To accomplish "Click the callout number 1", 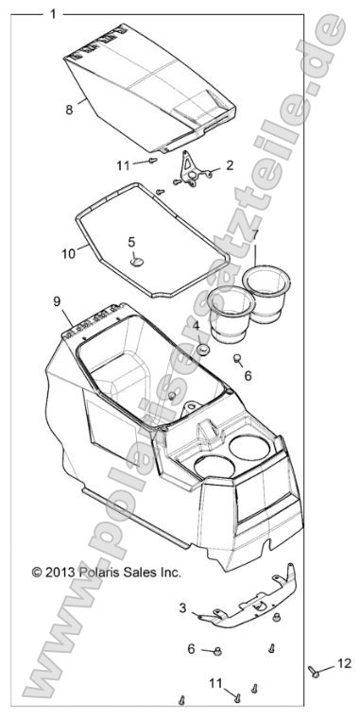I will click(53, 14).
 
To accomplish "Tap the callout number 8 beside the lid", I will click(69, 110).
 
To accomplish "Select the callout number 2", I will click(230, 165).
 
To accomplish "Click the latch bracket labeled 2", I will click(194, 171).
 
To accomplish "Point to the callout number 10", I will click(68, 252).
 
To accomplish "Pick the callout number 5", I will click(132, 242).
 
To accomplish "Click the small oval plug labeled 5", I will click(139, 260).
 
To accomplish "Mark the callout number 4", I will click(197, 326).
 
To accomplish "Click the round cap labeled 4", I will click(201, 349).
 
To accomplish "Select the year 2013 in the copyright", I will click(60, 573).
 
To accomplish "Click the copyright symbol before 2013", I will click(38, 573).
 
